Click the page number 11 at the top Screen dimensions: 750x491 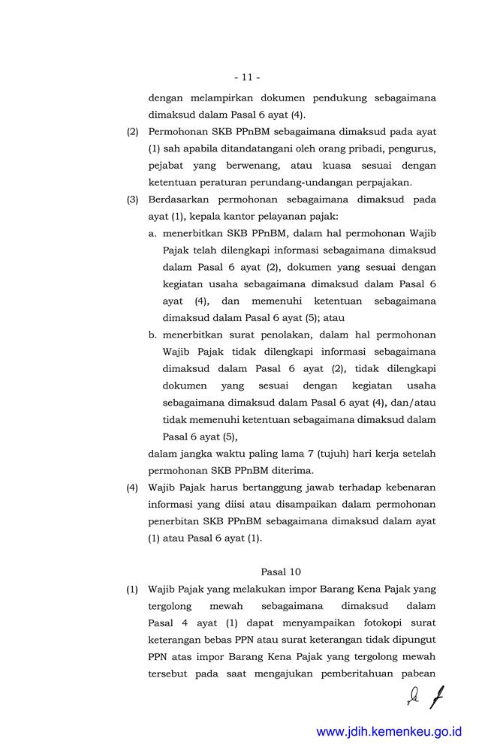click(246, 77)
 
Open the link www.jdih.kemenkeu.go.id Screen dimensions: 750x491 click(389, 731)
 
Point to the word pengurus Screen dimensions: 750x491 click(415, 148)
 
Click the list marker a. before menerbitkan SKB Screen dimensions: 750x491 click(153, 233)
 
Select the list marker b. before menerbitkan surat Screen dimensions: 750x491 click(153, 334)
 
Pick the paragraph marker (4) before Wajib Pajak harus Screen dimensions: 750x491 click(133, 487)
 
